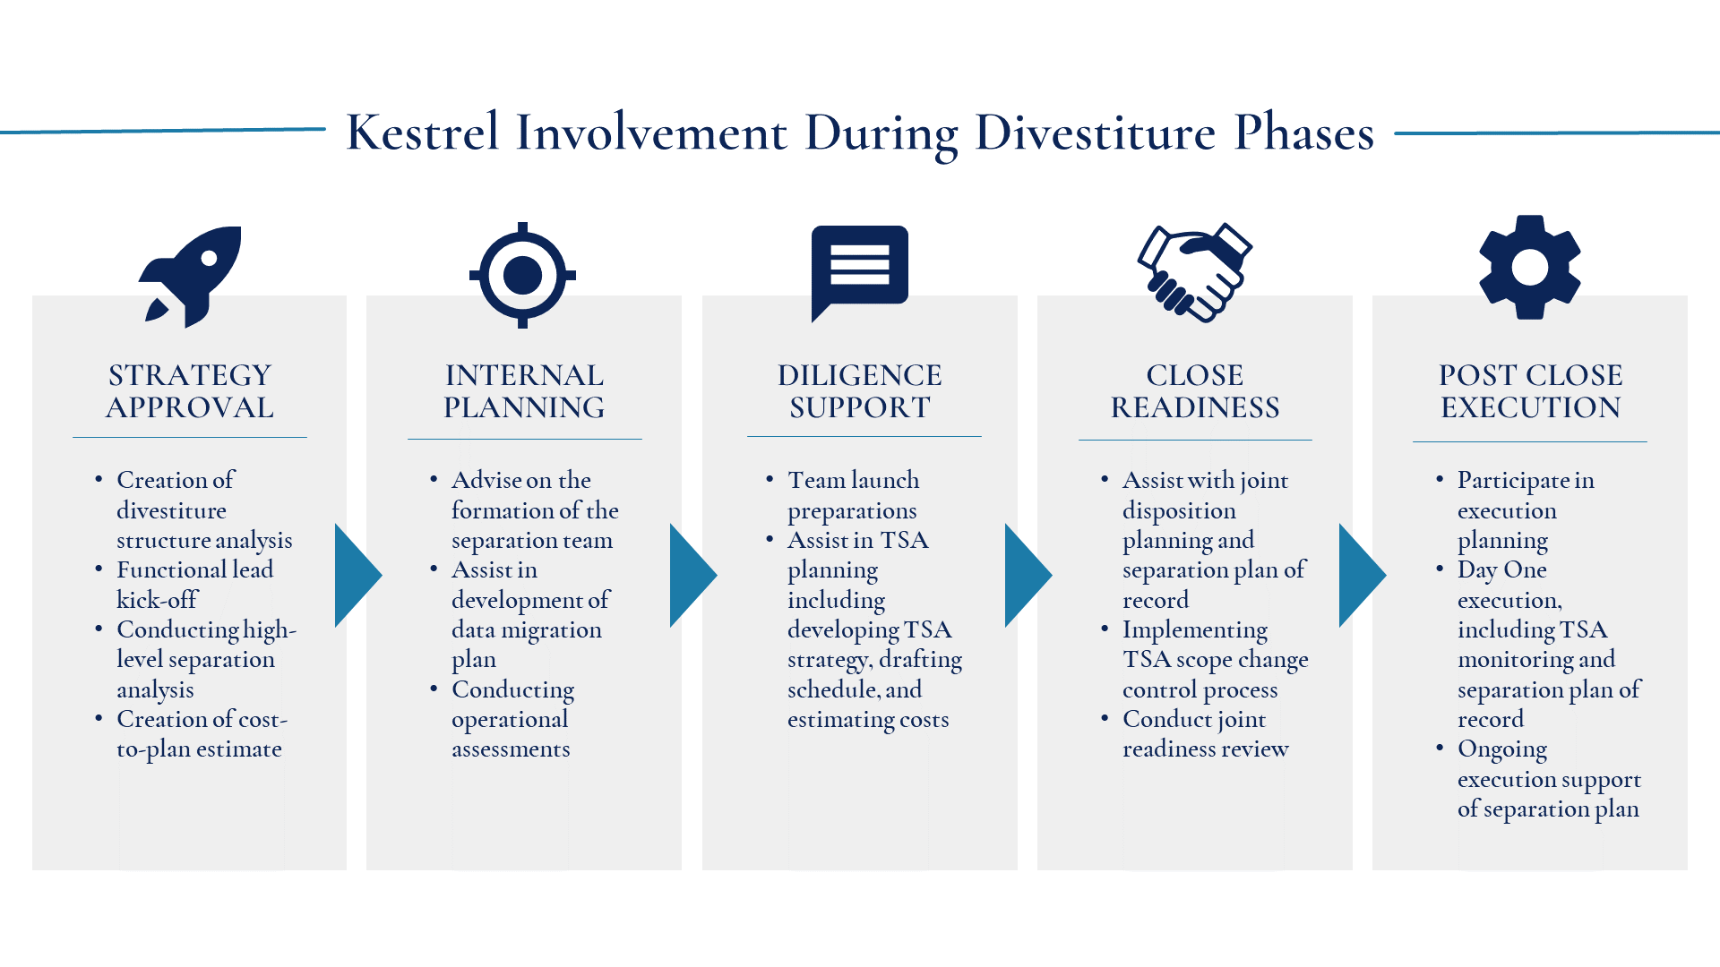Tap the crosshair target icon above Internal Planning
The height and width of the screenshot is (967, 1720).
click(x=523, y=275)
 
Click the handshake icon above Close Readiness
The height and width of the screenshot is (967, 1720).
click(x=1194, y=272)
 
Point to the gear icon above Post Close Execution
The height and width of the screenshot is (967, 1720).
click(x=1530, y=267)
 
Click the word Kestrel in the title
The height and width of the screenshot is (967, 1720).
click(x=423, y=133)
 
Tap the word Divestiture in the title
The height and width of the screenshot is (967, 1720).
click(x=1096, y=133)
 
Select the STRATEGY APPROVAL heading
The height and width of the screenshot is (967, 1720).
click(x=190, y=391)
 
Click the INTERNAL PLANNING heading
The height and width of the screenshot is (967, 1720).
click(x=524, y=391)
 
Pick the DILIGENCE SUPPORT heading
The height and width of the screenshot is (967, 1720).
click(x=860, y=391)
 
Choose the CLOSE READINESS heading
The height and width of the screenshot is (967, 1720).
click(x=1195, y=391)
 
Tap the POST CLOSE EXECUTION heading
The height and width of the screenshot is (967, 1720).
click(x=1531, y=391)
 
